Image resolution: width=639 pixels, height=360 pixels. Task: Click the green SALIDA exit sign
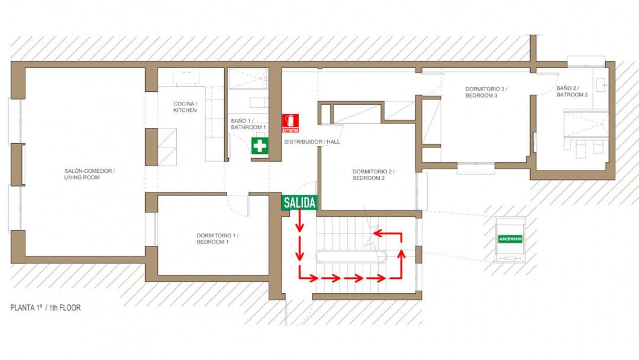pos(299,202)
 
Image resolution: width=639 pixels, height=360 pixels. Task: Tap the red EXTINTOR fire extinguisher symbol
pos(290,123)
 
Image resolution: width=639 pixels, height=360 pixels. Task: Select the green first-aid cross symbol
pos(260,146)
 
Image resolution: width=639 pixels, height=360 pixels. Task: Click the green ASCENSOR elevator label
pos(510,239)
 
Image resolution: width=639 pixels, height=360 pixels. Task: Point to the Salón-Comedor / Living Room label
pos(89,174)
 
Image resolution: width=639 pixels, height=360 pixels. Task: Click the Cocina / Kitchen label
pos(185,107)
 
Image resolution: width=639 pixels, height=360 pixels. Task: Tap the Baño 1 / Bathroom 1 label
pos(248,124)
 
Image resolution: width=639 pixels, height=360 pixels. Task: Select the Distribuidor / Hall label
pos(312,142)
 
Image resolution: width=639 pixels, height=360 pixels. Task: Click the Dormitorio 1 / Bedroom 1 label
pos(218,239)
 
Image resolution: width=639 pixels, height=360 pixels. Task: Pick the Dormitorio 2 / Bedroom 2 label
pos(373,175)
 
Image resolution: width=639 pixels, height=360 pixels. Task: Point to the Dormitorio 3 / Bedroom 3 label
pos(486,92)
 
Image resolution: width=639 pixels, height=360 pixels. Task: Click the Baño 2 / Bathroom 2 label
pos(572,91)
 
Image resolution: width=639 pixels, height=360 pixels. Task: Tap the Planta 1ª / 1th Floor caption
pos(45,308)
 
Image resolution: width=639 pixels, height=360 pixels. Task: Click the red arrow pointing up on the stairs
pos(401,263)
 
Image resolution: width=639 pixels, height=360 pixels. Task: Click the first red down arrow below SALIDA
pos(299,221)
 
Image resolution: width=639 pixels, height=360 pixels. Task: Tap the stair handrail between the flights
pos(350,257)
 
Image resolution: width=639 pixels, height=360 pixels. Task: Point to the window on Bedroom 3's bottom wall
pos(476,168)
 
